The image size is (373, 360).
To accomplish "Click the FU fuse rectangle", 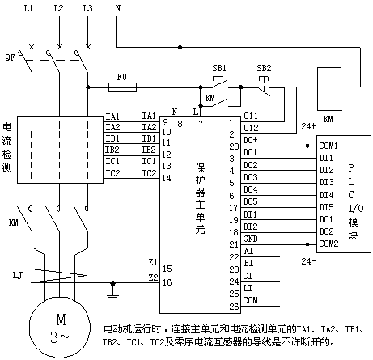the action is (122, 87).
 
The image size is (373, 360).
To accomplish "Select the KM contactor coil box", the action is (329, 89).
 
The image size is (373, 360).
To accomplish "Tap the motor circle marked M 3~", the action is (60, 328).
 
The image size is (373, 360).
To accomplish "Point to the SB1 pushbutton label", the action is (219, 68).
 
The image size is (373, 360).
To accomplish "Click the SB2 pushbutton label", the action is (264, 68).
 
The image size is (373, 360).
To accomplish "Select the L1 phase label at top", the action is (28, 8).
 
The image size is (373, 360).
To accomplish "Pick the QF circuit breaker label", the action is (10, 57).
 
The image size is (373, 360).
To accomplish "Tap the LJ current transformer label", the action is (18, 276).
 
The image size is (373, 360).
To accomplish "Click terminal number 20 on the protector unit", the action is (234, 146).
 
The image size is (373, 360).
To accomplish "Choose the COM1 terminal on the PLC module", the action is (328, 146).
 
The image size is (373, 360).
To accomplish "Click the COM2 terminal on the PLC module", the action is (328, 244).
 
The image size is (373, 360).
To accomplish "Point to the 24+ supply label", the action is (308, 126).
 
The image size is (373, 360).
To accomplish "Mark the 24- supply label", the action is (308, 261).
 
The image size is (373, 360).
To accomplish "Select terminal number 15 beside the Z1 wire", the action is (167, 269).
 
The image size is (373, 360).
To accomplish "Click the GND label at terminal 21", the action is (250, 239).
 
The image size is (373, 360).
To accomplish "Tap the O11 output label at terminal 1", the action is (251, 116).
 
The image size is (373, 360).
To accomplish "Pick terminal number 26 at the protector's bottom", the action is (234, 307).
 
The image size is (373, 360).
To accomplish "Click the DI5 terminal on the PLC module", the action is (326, 207).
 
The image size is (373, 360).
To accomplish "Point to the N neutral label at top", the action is (118, 8).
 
